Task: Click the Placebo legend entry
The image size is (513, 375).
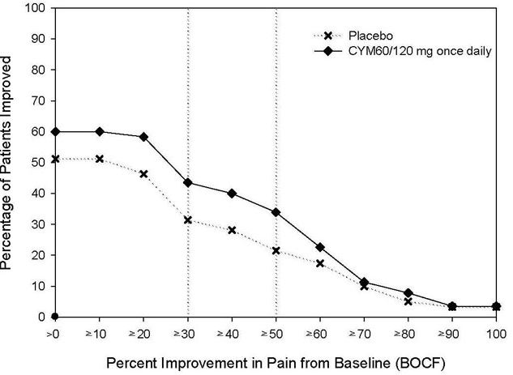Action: click(x=370, y=35)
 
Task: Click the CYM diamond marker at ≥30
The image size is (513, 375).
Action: click(x=188, y=182)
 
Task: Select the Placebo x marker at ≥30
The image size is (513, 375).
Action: click(x=188, y=220)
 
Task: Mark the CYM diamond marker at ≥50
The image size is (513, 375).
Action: click(x=276, y=212)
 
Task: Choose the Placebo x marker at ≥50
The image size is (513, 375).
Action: click(x=276, y=250)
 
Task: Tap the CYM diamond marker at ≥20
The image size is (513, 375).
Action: click(x=143, y=137)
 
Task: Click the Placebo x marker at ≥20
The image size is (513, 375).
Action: click(x=143, y=174)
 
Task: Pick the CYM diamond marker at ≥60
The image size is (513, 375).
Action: click(x=320, y=247)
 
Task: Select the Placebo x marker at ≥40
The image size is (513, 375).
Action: click(x=232, y=230)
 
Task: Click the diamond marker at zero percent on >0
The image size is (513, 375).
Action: click(x=55, y=317)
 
